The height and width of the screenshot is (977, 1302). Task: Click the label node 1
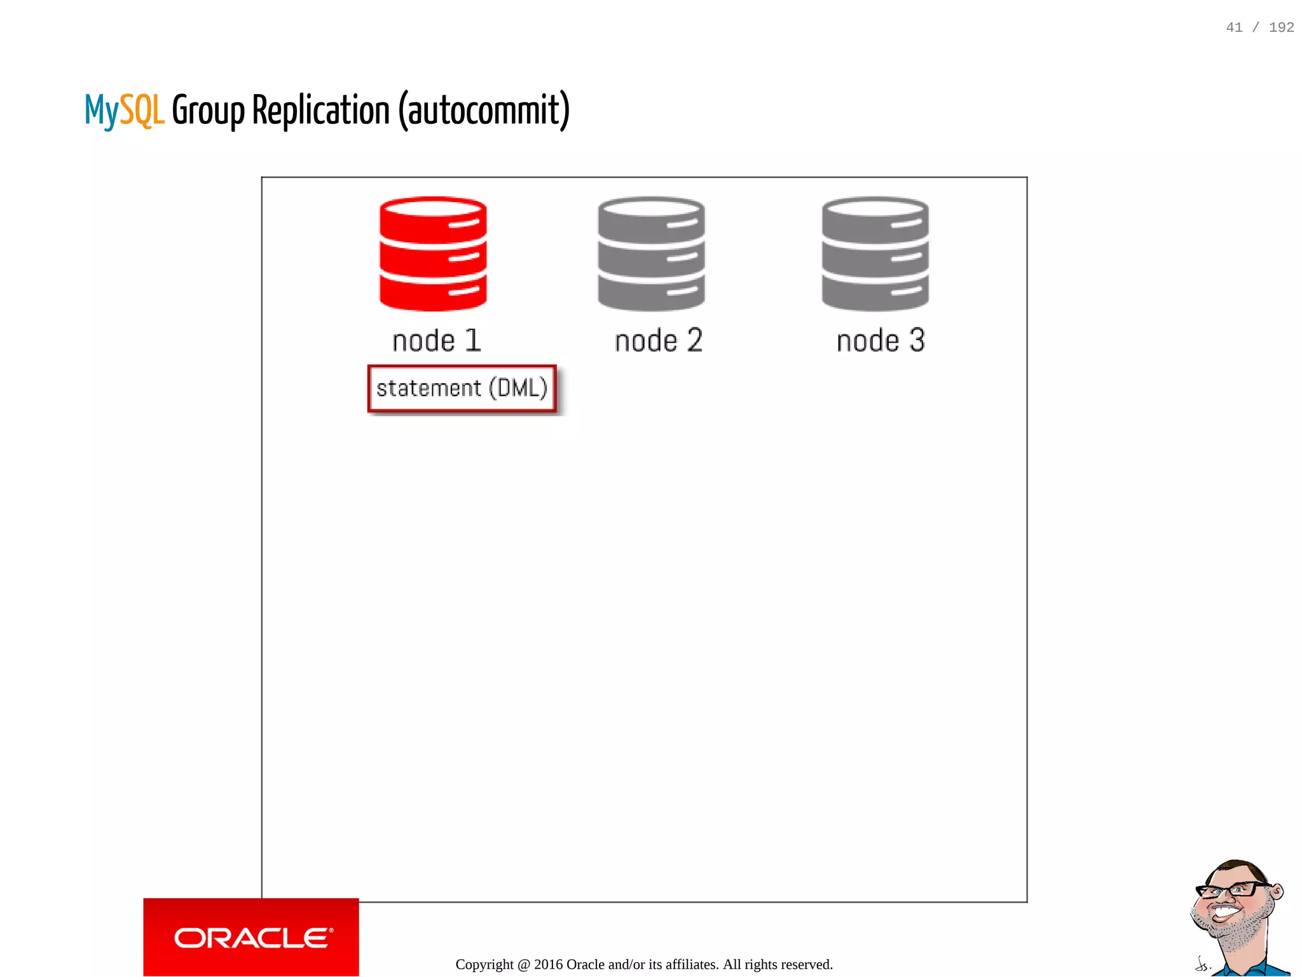coord(437,341)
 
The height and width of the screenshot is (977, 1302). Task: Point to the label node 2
coord(659,341)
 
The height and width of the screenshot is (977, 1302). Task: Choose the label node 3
coord(881,341)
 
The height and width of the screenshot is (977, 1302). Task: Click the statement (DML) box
coord(462,388)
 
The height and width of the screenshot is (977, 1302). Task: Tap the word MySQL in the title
coord(125,111)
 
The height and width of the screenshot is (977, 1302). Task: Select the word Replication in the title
coord(321,110)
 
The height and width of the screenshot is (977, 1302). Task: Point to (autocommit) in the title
coord(484,111)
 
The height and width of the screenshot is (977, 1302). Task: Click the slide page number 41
coord(1234,27)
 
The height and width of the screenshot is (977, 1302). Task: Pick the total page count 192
coord(1281,27)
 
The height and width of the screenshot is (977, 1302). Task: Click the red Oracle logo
coord(252,938)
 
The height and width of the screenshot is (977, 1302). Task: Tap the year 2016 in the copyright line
coord(548,964)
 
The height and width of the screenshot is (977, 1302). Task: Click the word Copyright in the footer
coord(484,964)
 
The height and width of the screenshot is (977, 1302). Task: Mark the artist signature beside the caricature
coord(1202,964)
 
